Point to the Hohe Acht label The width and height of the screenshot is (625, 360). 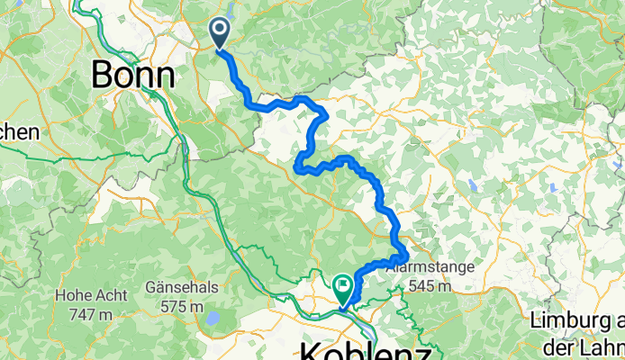[x=86, y=293]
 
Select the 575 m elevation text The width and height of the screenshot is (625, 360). [x=180, y=307]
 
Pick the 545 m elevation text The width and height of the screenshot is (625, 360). [x=427, y=286]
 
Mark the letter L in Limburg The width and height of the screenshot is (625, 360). [x=537, y=319]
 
